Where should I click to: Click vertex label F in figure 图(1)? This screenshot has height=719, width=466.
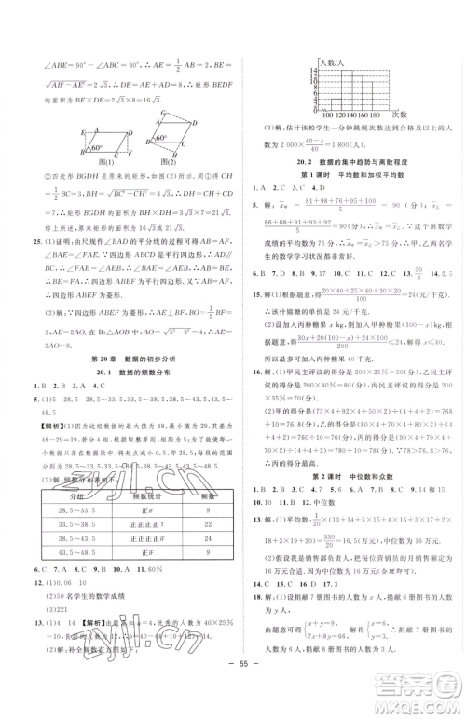pos(124,151)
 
